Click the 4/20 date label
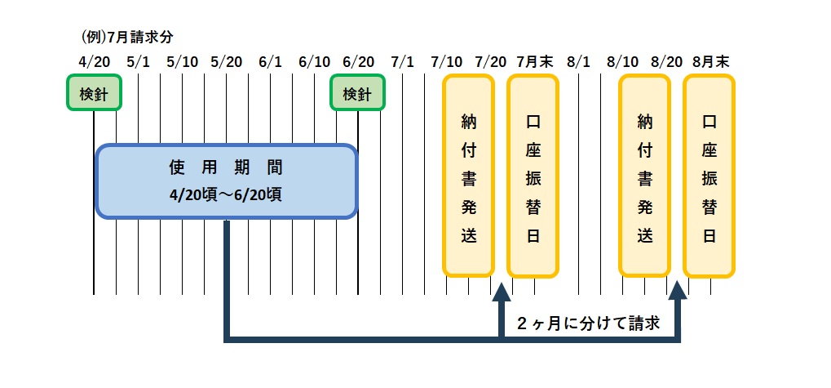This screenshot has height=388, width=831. point(94,61)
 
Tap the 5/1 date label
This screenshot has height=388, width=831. point(139,61)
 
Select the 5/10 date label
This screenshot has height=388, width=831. point(182,61)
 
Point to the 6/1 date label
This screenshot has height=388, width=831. point(270,61)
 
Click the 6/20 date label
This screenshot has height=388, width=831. point(358,61)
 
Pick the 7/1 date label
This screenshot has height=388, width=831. point(402,61)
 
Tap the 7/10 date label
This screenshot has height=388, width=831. point(446,61)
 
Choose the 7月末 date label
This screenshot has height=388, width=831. point(533,61)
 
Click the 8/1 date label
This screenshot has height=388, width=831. point(577,61)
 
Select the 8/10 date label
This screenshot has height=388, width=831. point(622,61)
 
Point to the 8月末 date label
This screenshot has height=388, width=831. point(709,61)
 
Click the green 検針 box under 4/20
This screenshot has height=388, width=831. point(94,94)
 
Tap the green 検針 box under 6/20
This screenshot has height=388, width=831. point(357,94)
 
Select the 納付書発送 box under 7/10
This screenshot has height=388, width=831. point(468,176)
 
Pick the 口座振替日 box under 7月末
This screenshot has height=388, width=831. point(533,176)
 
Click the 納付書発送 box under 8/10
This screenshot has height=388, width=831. point(644,176)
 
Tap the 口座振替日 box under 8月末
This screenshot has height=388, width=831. point(709,176)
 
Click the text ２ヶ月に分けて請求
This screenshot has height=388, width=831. point(587,323)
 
